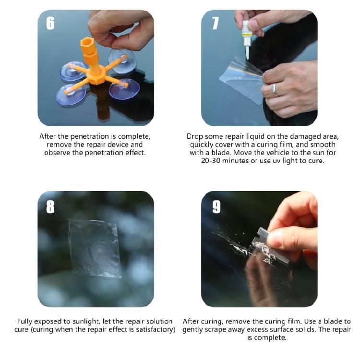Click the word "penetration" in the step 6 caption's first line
pos(91,136)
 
